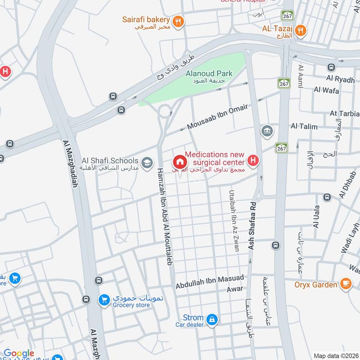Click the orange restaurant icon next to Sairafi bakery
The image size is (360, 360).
pyautogui.click(x=179, y=20)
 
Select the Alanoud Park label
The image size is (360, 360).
pyautogui.click(x=209, y=73)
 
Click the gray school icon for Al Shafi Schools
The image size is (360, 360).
pyautogui.click(x=146, y=162)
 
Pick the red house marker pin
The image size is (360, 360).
pyautogui.click(x=179, y=162)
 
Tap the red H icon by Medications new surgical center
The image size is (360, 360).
pyautogui.click(x=253, y=161)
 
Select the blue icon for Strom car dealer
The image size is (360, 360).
pyautogui.click(x=212, y=320)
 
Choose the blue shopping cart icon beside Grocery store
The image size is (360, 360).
pyautogui.click(x=104, y=300)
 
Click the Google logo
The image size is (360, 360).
pyautogui.click(x=19, y=354)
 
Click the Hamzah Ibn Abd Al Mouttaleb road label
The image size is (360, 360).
pyautogui.click(x=165, y=216)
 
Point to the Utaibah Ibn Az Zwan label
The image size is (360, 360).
pyautogui.click(x=234, y=220)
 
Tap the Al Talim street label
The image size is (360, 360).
pyautogui.click(x=304, y=127)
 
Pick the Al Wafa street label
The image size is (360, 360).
pyautogui.click(x=324, y=90)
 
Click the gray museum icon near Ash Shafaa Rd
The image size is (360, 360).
pyautogui.click(x=266, y=131)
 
